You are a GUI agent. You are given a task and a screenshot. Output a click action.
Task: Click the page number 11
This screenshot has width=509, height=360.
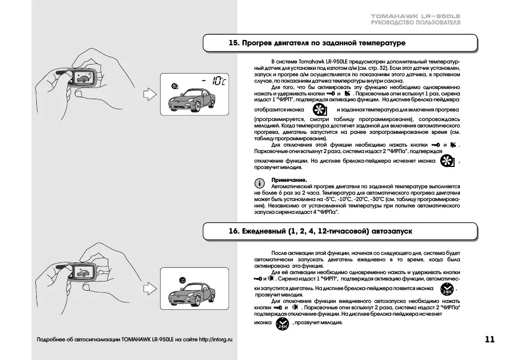pos(490,339)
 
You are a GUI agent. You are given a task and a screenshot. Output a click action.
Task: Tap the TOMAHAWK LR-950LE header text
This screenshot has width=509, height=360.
pos(416,17)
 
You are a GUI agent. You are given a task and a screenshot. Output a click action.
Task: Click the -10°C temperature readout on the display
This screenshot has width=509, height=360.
pos(215,81)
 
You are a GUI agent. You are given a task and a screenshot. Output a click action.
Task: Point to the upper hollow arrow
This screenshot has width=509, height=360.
pos(150,95)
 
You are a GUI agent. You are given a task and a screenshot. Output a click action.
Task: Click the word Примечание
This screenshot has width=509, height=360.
pos(289,180)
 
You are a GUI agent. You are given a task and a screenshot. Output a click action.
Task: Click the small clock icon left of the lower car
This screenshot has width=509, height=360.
pos(182,279)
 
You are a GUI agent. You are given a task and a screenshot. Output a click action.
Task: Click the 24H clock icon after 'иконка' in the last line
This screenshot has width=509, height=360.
pos(281,324)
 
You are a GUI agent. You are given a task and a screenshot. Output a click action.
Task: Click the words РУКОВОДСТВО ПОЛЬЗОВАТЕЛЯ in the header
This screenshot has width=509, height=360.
pos(416,23)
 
